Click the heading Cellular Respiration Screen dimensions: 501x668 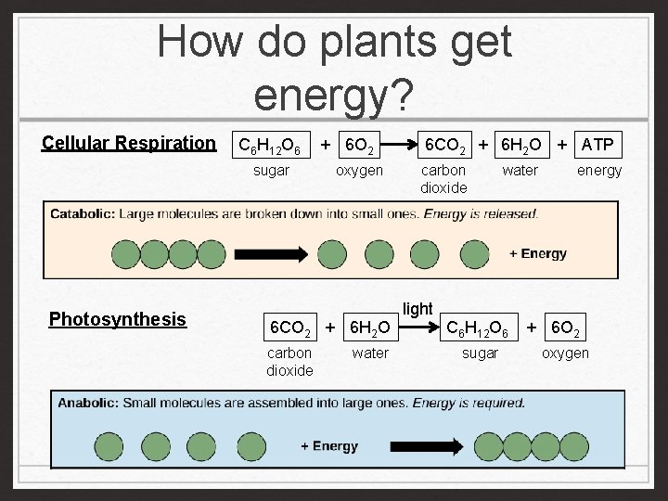click(x=128, y=143)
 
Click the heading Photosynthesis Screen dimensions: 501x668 click(x=118, y=319)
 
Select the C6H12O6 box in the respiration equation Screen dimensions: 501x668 click(x=269, y=145)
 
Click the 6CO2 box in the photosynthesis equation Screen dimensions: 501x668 click(x=289, y=328)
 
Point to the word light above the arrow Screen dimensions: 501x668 click(x=417, y=309)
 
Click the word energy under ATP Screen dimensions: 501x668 click(x=599, y=170)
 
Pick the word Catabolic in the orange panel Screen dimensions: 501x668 click(x=83, y=214)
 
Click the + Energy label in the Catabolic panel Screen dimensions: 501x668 click(x=538, y=253)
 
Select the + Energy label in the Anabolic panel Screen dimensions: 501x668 click(x=328, y=446)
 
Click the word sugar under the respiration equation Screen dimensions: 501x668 click(x=271, y=170)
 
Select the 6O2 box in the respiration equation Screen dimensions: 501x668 click(x=358, y=145)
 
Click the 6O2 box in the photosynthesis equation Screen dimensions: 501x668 click(x=567, y=328)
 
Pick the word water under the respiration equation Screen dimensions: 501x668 click(x=520, y=170)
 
